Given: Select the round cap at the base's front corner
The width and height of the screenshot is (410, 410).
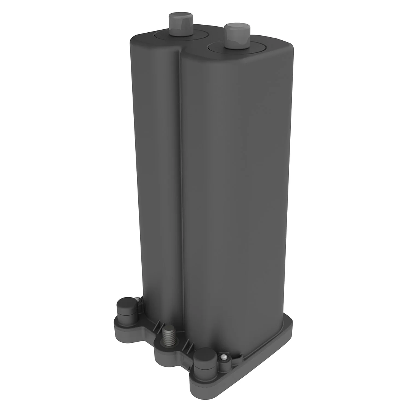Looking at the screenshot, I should coord(205,361).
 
